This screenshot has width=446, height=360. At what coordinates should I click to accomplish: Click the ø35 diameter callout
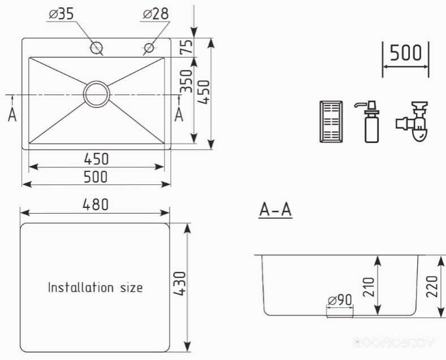[61, 14]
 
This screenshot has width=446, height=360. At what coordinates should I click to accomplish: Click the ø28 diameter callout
[155, 14]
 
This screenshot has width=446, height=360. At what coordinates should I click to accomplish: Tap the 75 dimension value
[187, 46]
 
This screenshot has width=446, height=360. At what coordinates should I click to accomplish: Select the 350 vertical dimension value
[187, 81]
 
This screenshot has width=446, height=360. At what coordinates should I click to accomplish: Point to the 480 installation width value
[96, 205]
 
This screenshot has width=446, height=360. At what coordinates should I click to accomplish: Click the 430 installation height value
[180, 284]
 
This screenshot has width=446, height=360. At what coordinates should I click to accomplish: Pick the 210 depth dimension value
[369, 287]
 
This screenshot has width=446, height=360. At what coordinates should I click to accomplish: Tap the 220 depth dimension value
[431, 287]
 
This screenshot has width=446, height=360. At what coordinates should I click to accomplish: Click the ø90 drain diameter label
[340, 300]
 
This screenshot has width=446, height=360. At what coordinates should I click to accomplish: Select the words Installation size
[96, 288]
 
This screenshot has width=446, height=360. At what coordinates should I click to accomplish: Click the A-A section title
[275, 210]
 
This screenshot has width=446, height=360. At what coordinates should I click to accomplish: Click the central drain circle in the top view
[97, 94]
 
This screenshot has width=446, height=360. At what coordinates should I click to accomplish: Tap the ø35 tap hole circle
[96, 47]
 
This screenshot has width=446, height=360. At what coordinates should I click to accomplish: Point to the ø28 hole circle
[149, 47]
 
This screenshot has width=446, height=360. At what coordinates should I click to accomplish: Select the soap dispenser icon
[369, 122]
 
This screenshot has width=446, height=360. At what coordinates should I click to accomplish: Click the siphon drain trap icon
[413, 122]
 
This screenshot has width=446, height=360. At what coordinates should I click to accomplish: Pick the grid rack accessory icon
[331, 122]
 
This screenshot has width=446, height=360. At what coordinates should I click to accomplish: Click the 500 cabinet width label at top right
[405, 53]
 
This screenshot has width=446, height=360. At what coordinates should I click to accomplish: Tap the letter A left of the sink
[12, 115]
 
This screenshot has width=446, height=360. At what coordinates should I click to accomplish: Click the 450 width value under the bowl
[96, 159]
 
